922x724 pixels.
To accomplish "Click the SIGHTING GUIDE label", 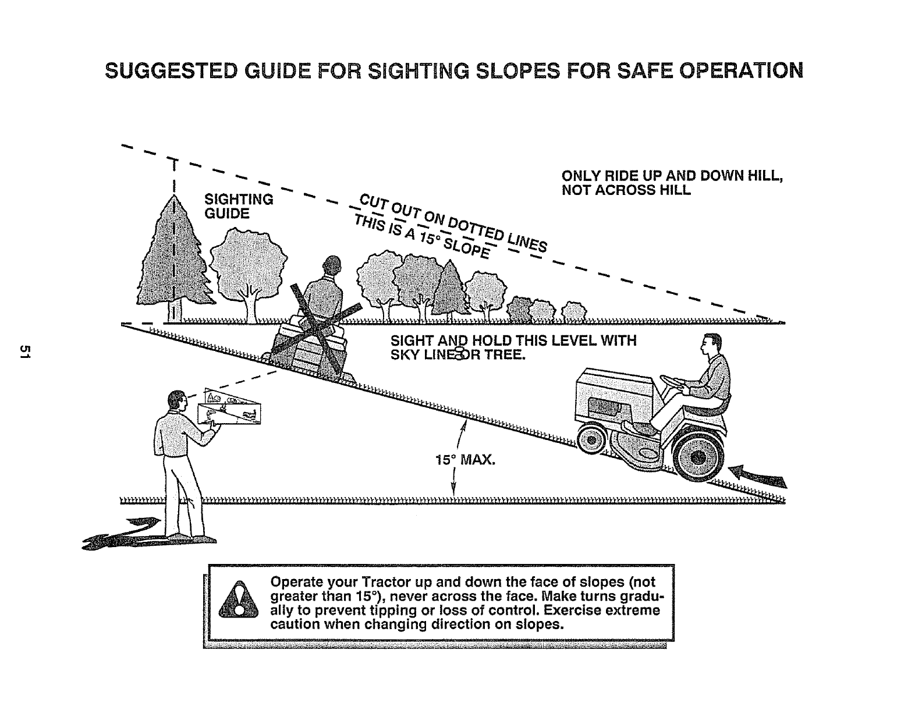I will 238,207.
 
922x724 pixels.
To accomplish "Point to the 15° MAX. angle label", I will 465,461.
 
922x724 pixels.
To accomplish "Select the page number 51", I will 24,352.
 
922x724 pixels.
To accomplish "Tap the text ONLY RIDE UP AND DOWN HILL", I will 672,176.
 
